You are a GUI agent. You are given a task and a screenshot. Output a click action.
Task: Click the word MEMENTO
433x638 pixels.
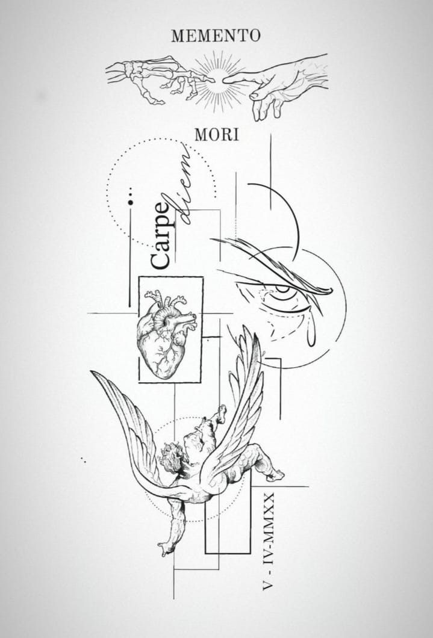point(216,36)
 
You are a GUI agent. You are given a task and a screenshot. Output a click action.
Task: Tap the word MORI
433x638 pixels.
point(217,135)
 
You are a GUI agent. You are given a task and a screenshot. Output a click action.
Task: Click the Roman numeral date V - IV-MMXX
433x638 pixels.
point(269,541)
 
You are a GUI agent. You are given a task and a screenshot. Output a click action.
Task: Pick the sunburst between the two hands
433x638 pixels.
point(219,81)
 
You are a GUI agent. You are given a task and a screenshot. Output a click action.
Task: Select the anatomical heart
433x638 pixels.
point(166,333)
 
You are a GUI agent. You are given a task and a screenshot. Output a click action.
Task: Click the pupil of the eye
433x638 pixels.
point(282,289)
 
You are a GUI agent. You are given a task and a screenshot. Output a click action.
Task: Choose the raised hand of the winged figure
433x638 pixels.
point(221,413)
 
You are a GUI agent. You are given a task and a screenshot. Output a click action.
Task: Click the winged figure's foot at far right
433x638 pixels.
point(276,475)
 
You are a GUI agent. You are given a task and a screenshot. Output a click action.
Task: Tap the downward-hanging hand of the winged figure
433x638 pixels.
point(167,550)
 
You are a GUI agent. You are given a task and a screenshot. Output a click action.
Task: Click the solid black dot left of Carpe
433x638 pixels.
point(130,202)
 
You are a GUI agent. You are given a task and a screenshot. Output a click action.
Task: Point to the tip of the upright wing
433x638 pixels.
point(245,327)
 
